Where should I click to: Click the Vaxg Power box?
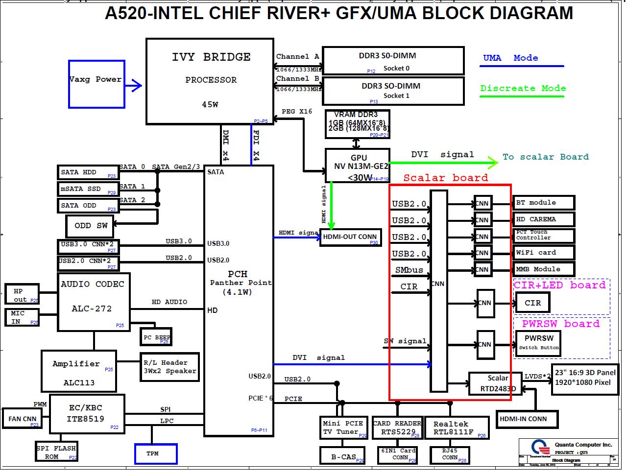click(96, 84)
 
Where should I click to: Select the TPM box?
click(156, 454)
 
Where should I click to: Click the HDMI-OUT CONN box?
click(350, 237)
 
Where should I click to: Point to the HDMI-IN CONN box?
click(523, 419)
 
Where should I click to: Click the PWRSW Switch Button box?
click(538, 342)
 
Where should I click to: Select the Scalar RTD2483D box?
click(498, 383)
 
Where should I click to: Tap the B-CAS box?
click(343, 456)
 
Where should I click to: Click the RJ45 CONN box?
click(450, 455)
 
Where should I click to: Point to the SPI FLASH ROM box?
click(57, 452)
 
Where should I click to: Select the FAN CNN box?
click(23, 419)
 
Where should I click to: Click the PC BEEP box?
click(156, 337)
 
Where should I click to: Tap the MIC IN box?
click(22, 317)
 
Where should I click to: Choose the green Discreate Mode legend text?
click(523, 88)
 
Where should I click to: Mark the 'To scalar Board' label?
click(545, 157)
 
